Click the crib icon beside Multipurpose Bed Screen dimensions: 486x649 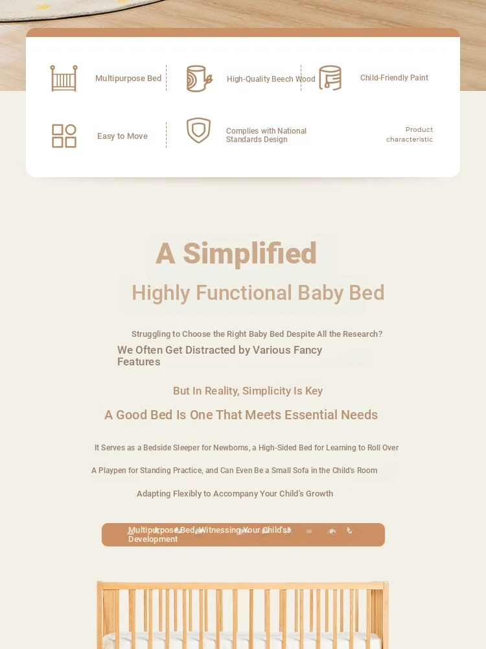click(x=64, y=79)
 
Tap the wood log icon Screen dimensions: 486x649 click(x=199, y=79)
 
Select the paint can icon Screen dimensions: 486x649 click(x=330, y=78)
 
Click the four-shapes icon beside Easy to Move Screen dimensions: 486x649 click(x=64, y=136)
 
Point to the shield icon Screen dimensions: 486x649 click(x=198, y=130)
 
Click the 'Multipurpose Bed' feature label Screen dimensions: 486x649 click(x=128, y=79)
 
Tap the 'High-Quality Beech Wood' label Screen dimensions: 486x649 click(x=271, y=79)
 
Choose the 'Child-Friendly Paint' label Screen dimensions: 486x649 click(x=394, y=78)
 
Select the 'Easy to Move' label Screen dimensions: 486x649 click(x=122, y=136)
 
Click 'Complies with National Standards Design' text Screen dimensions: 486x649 click(x=266, y=135)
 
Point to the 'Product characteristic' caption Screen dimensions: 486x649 click(x=410, y=134)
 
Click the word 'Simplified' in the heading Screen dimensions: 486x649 click(x=249, y=253)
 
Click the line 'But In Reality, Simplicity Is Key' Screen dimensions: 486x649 click(x=248, y=391)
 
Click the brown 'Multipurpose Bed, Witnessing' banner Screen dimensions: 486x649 click(x=243, y=535)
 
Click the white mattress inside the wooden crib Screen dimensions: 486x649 click(x=242, y=641)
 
